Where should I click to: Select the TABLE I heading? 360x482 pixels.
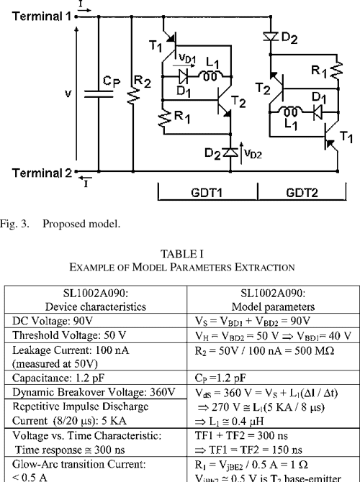tap(180, 255)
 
